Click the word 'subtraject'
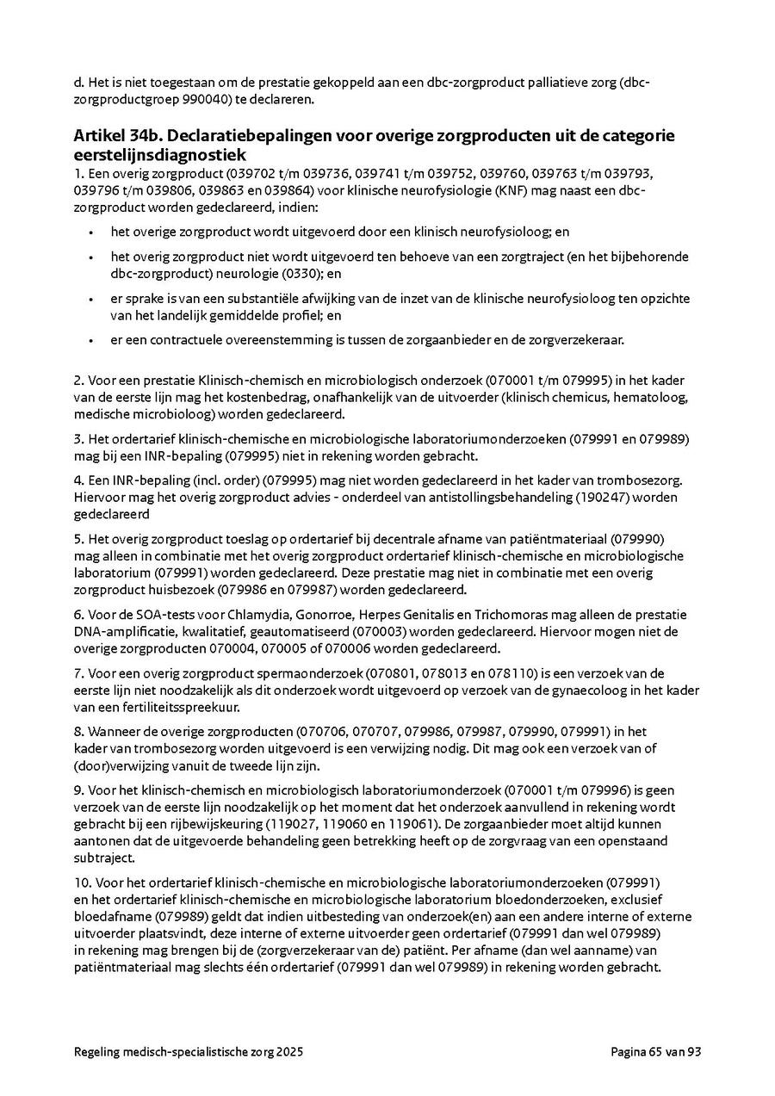pos(102,858)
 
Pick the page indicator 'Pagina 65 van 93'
pos(656,1051)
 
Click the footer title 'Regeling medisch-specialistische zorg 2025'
pos(189,1051)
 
